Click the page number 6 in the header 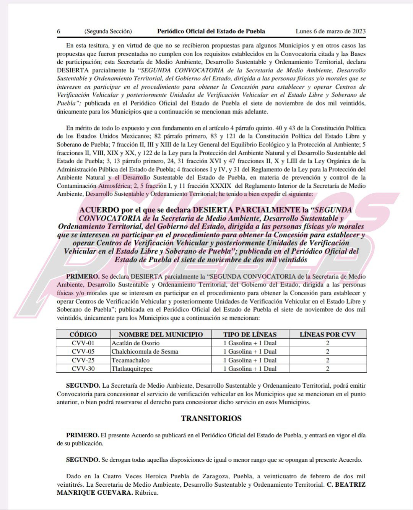59,31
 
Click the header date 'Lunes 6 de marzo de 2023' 330,31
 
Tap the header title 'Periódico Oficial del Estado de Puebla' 211,31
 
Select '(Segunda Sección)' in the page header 108,31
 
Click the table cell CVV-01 83,343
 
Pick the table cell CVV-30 83,369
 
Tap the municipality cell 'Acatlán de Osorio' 136,343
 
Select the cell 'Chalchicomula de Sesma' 145,351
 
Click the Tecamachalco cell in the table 131,360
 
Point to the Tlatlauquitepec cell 132,369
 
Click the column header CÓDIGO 83,334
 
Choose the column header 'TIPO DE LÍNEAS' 250,334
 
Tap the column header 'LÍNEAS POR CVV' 327,334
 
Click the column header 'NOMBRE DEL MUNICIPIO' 161,334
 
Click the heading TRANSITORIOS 211,418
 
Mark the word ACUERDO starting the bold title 99,210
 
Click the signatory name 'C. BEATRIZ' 346,484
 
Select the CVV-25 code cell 83,360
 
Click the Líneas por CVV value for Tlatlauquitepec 327,369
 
